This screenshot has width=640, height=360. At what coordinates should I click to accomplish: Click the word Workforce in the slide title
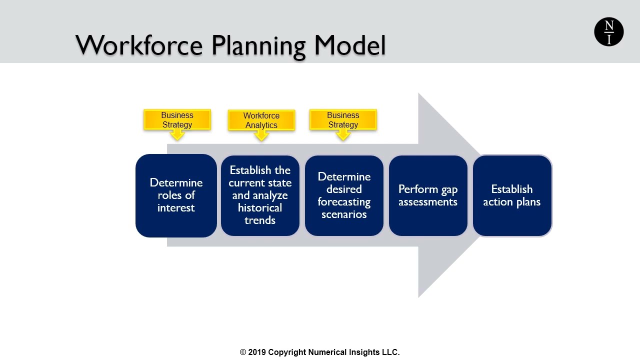pos(139,45)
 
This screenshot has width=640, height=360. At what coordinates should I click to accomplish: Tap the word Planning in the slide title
pos(258,45)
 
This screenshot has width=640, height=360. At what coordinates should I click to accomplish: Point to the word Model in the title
pos(350,45)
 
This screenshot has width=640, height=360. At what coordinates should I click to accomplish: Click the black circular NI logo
pos(608,32)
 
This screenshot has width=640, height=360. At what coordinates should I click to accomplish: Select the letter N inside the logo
pos(608,25)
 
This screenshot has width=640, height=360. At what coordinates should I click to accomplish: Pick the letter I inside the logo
pos(608,39)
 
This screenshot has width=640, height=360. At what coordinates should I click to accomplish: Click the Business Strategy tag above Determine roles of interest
pos(177,120)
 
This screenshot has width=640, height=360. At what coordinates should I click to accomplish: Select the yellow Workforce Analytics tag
pos(261,120)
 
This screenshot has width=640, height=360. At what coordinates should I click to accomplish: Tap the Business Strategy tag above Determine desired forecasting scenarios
pos(343,120)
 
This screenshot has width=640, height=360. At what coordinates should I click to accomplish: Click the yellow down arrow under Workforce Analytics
pos(261,135)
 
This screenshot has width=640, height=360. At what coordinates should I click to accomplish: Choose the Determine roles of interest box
pos(176,195)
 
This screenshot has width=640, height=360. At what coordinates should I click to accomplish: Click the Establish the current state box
pos(260,195)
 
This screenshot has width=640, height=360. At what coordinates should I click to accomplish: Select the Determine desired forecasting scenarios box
pos(344,195)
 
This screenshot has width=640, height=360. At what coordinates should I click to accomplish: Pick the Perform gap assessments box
pos(428,195)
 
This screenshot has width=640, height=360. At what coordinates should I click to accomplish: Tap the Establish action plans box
pos(512,195)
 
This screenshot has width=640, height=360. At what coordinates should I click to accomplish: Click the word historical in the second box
pos(260,208)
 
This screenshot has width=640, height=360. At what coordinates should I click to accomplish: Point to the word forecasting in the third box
pos(344,202)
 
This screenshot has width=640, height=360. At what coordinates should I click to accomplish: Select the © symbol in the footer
pos(243,352)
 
